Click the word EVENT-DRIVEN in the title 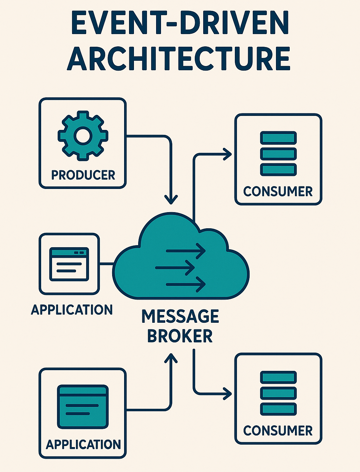[180, 23]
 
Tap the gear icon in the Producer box [83, 136]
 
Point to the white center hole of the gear [83, 136]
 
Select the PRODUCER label [83, 175]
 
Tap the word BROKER [180, 336]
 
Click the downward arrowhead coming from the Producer [171, 199]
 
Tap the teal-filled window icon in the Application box [83, 407]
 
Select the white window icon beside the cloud [69, 264]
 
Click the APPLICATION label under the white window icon [72, 310]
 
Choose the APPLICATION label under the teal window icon [83, 444]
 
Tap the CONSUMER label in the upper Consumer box [278, 191]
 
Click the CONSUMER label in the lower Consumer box [278, 431]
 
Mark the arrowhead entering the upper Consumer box [228, 154]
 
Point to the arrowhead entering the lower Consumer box [228, 393]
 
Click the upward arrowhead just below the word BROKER [171, 358]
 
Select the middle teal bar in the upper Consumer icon [278, 154]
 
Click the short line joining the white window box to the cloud [107, 263]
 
